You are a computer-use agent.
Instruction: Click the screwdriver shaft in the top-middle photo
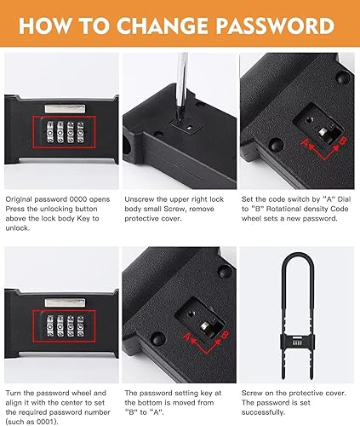(180, 81)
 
